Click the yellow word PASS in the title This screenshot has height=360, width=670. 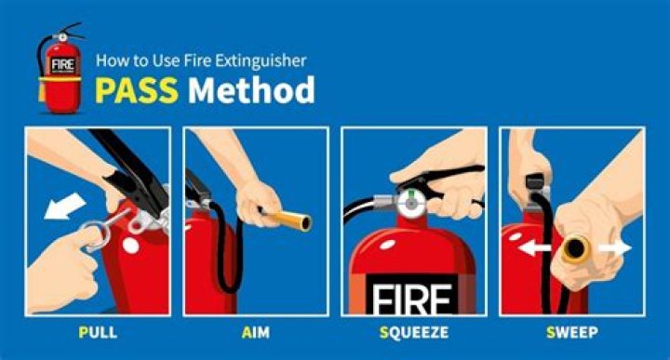tap(136, 90)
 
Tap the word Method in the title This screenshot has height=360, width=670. tap(251, 90)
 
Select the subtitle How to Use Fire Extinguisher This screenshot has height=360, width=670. tap(201, 60)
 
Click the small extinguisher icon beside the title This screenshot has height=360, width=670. tap(60, 68)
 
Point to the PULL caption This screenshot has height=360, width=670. tap(98, 332)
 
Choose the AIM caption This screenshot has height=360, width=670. tap(256, 332)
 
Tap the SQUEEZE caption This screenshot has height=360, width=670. tap(414, 332)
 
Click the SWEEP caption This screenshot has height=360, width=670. tap(572, 332)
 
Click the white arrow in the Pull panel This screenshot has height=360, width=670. tap(64, 207)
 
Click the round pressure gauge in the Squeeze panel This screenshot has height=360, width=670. tap(411, 204)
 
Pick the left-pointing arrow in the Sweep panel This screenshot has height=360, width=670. tap(534, 247)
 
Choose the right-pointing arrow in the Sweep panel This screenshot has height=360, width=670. tap(615, 248)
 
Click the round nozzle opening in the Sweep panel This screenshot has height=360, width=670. tap(575, 248)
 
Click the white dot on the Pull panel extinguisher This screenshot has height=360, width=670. tap(131, 246)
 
